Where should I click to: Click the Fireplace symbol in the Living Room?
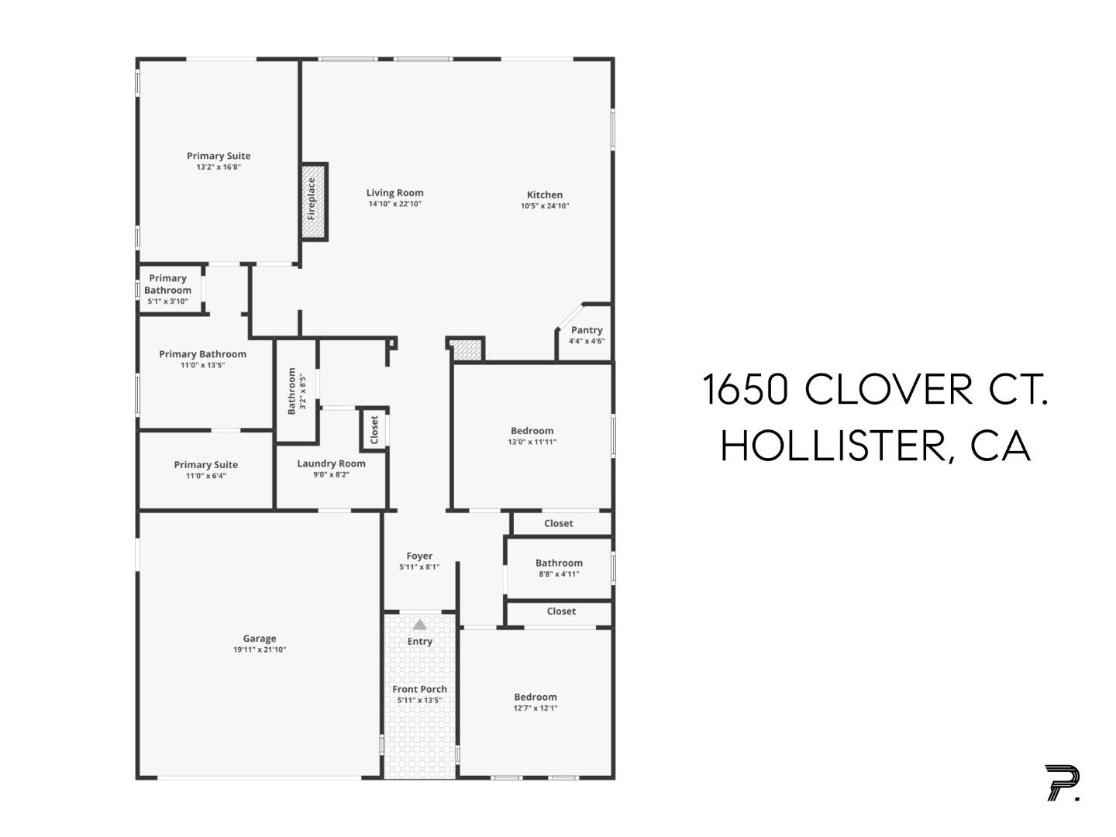[x=314, y=201]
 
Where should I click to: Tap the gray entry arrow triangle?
[x=419, y=625]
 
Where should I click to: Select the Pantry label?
[x=587, y=330]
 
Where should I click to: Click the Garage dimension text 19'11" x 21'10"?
[x=260, y=649]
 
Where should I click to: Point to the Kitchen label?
[x=545, y=195]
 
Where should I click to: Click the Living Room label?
[x=394, y=193]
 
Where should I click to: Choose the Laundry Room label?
[x=331, y=463]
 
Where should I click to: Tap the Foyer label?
[x=419, y=556]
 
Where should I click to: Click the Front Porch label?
[x=419, y=689]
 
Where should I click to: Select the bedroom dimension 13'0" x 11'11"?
[x=532, y=443]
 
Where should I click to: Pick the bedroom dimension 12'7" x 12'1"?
[x=535, y=708]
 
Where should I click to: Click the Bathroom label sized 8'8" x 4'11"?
[x=559, y=563]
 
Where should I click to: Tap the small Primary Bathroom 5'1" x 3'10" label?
[x=167, y=284]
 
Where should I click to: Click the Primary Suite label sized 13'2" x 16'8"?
[x=219, y=156]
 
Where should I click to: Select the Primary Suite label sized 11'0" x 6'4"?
[x=205, y=465]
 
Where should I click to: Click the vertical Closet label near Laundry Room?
[x=374, y=429]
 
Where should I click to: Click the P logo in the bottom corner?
[x=1061, y=782]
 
